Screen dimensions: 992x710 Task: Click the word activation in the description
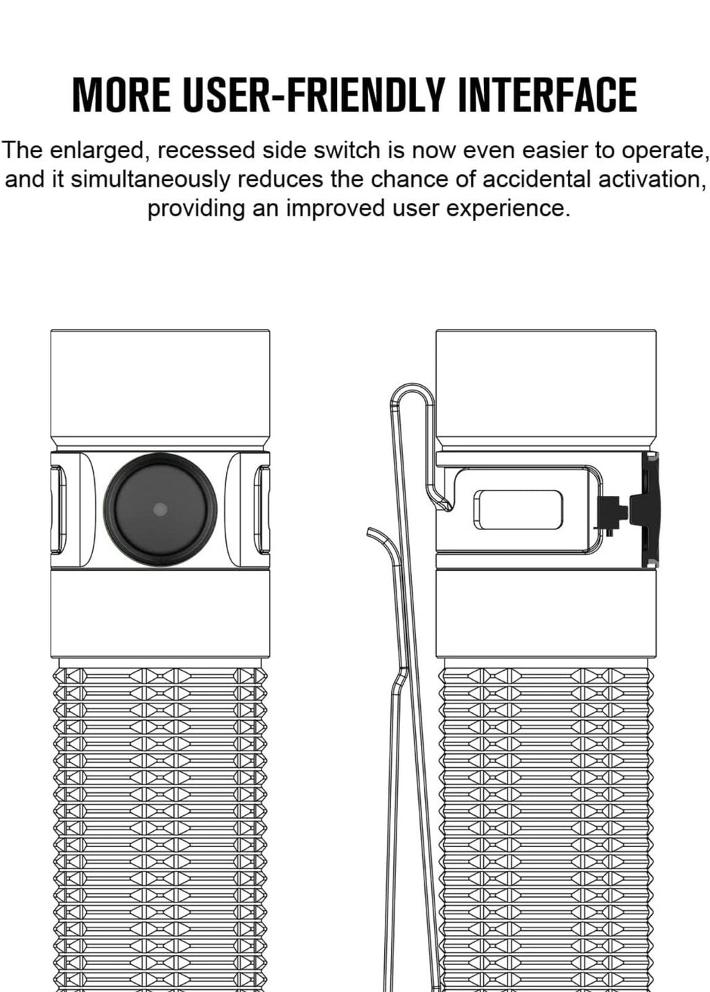click(x=655, y=180)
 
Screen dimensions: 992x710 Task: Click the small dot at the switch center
click(x=160, y=509)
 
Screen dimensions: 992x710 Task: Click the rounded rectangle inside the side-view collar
click(x=518, y=510)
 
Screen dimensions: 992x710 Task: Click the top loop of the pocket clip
click(x=409, y=393)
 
